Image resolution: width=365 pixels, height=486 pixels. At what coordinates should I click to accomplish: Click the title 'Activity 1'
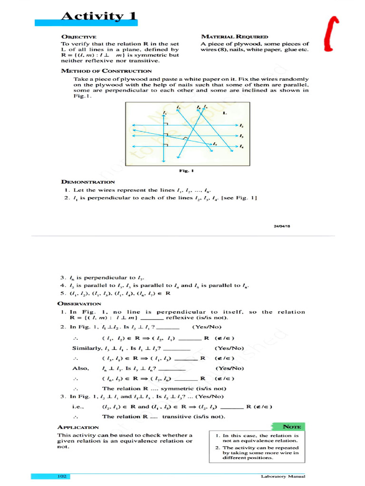pyautogui.click(x=99, y=17)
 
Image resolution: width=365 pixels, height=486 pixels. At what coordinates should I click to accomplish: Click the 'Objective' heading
pyautogui.click(x=78, y=37)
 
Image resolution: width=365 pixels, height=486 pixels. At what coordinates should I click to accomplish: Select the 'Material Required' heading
pyautogui.click(x=235, y=37)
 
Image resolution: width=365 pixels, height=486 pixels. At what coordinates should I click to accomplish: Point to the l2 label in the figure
pyautogui.click(x=241, y=126)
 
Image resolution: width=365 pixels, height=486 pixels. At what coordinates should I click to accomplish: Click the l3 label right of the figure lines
pyautogui.click(x=241, y=136)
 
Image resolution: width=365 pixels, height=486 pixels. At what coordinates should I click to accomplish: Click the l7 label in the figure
pyautogui.click(x=215, y=143)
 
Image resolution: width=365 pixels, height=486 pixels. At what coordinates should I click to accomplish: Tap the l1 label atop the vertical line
pyautogui.click(x=164, y=112)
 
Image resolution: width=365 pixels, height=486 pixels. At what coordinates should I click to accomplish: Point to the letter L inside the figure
pyautogui.click(x=225, y=113)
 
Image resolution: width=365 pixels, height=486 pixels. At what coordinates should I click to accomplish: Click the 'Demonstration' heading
pyautogui.click(x=88, y=181)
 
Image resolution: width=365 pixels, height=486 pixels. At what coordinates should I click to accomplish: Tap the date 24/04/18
pyautogui.click(x=282, y=226)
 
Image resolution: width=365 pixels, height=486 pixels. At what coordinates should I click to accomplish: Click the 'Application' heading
pyautogui.click(x=78, y=427)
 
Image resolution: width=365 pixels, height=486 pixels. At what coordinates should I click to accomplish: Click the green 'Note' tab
pyautogui.click(x=290, y=427)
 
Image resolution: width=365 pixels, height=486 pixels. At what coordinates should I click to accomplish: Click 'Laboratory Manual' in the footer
pyautogui.click(x=283, y=476)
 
